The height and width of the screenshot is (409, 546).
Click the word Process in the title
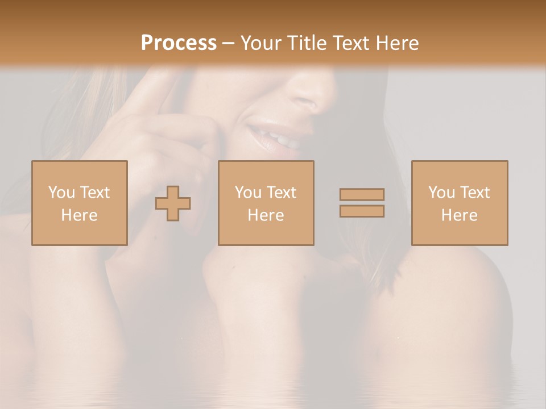pyautogui.click(x=179, y=43)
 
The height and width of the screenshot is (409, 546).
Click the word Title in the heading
pyautogui.click(x=308, y=43)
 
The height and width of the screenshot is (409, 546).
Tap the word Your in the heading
pyautogui.click(x=262, y=43)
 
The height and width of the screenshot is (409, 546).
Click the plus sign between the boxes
pyautogui.click(x=173, y=203)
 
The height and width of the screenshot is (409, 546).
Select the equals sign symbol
pyautogui.click(x=362, y=203)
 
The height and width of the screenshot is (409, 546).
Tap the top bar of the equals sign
pyautogui.click(x=362, y=194)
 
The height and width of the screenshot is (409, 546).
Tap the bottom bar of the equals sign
pyautogui.click(x=362, y=211)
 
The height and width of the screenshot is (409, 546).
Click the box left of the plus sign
pyautogui.click(x=80, y=203)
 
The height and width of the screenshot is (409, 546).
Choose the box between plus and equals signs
pyautogui.click(x=266, y=203)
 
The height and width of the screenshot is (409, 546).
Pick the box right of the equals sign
pyautogui.click(x=460, y=203)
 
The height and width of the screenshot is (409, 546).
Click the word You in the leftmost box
pyautogui.click(x=61, y=193)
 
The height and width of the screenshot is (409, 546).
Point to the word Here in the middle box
pyautogui.click(x=266, y=215)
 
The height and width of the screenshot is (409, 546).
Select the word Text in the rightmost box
pyautogui.click(x=475, y=193)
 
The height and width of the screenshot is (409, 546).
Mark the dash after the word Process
pyautogui.click(x=228, y=44)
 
